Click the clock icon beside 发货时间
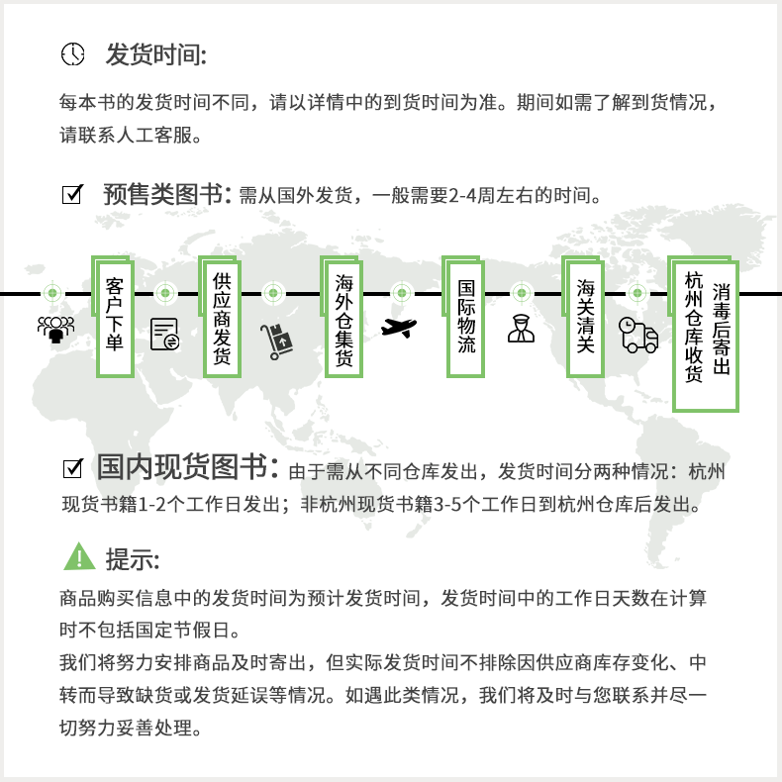[x=73, y=54]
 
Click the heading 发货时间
[x=155, y=54]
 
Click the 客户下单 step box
[x=115, y=316]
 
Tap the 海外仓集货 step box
[x=343, y=316]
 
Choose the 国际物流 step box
[x=466, y=316]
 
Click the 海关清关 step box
[x=586, y=316]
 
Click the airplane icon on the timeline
[x=400, y=328]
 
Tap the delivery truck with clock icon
[x=637, y=335]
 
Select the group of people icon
[x=55, y=328]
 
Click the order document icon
[x=164, y=335]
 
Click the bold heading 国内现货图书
[x=181, y=467]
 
